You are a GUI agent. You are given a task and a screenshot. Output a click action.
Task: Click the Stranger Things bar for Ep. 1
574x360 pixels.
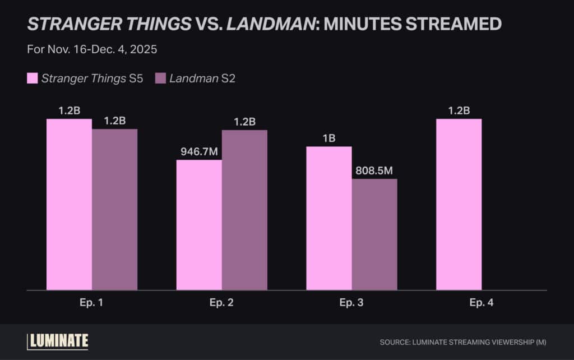69,205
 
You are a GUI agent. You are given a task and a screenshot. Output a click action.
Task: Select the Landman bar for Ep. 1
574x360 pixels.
114,210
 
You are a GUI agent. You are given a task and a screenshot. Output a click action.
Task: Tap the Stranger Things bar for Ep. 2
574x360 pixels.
199,225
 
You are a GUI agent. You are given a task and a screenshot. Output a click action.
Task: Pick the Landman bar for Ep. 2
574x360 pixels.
244,210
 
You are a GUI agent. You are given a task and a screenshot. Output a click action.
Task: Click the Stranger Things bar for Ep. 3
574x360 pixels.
328,219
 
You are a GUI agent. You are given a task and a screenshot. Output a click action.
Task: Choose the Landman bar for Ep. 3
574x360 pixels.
374,234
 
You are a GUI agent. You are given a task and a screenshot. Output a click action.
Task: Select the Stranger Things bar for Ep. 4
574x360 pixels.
459,205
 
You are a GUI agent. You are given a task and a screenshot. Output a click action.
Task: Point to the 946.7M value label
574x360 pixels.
198,151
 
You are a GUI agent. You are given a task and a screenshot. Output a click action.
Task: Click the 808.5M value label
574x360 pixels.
374,170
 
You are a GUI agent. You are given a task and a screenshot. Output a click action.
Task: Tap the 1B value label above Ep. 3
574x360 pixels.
328,138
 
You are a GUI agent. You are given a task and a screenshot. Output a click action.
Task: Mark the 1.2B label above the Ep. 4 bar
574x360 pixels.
459,110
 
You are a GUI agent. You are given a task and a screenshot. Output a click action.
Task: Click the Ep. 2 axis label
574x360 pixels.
221,303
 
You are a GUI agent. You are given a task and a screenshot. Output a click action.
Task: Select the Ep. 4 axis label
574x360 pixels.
482,303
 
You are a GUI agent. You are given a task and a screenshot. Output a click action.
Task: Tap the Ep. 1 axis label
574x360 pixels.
92,303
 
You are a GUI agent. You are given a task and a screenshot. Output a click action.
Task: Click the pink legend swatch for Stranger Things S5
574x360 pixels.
33,79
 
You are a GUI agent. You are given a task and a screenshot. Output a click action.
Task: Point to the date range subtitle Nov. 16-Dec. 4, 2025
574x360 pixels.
92,49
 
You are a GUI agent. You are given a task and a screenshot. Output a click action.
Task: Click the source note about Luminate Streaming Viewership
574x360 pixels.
462,341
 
